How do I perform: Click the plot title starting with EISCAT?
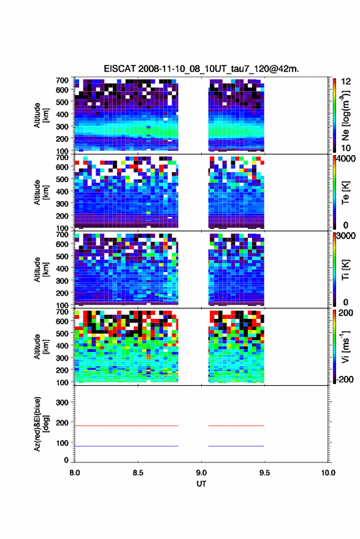(x=202, y=69)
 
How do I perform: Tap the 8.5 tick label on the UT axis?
(x=138, y=473)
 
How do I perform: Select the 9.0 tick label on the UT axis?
(x=201, y=473)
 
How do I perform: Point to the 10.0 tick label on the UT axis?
(x=328, y=473)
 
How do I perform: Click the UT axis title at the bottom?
(x=201, y=484)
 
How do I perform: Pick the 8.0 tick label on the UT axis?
(x=75, y=473)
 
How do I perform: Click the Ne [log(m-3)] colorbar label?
(x=345, y=115)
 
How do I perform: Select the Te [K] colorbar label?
(x=345, y=193)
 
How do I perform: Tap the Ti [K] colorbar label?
(x=345, y=270)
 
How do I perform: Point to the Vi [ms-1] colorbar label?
(x=345, y=346)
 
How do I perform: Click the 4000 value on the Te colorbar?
(x=346, y=159)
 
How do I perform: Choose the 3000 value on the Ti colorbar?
(x=346, y=236)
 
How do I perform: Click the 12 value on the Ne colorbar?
(x=347, y=82)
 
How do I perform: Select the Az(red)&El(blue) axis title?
(x=41, y=424)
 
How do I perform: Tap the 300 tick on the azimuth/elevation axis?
(x=62, y=402)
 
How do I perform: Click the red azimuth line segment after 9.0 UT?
(x=236, y=426)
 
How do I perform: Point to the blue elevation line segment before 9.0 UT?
(x=126, y=446)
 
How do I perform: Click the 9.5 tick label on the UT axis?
(x=264, y=473)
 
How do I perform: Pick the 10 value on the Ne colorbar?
(x=347, y=148)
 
